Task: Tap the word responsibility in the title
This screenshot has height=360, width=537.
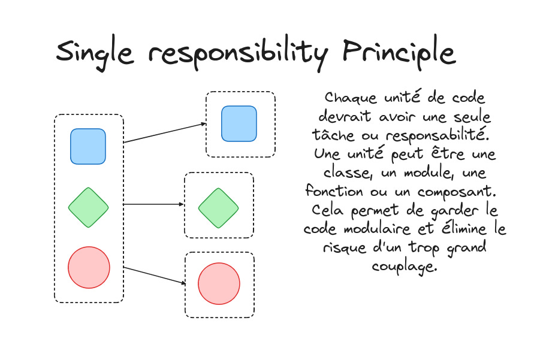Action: coord(239,54)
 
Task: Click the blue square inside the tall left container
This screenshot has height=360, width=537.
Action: coord(88,146)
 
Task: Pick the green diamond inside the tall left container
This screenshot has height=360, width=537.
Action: coord(88,207)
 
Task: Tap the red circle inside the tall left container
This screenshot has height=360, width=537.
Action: coord(89,267)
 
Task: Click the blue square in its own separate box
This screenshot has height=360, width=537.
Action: coord(239,124)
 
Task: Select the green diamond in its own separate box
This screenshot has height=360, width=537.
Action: coord(219,208)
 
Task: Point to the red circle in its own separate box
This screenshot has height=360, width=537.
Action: coord(219,284)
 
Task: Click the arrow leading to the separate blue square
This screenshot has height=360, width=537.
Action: coord(165,133)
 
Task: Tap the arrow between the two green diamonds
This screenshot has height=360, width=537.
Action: coord(153,204)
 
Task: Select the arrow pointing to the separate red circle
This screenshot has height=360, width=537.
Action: coord(154,275)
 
